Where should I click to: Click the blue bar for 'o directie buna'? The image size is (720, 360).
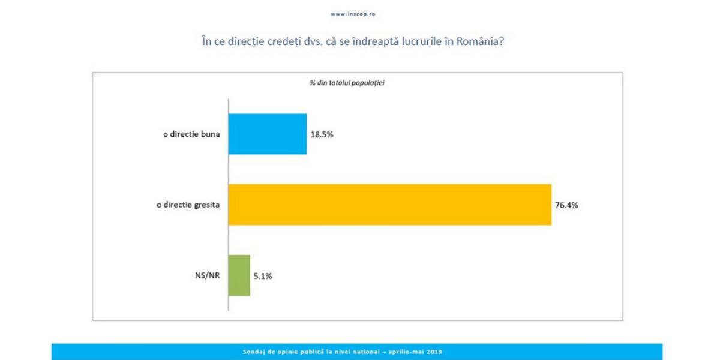pyautogui.click(x=268, y=134)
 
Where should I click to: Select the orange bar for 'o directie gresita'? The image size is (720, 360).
pyautogui.click(x=390, y=205)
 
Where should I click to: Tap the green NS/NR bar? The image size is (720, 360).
pyautogui.click(x=239, y=275)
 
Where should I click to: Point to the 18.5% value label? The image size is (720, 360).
pyautogui.click(x=322, y=134)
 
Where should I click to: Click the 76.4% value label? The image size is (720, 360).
pyautogui.click(x=566, y=205)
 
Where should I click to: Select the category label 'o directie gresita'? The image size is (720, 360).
pyautogui.click(x=188, y=205)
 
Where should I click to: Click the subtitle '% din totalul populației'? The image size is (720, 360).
pyautogui.click(x=347, y=83)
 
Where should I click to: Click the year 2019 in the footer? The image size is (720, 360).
pyautogui.click(x=435, y=351)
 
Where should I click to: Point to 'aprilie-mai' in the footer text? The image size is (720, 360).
pyautogui.click(x=407, y=351)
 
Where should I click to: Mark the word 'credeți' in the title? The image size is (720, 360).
pyautogui.click(x=291, y=43)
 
